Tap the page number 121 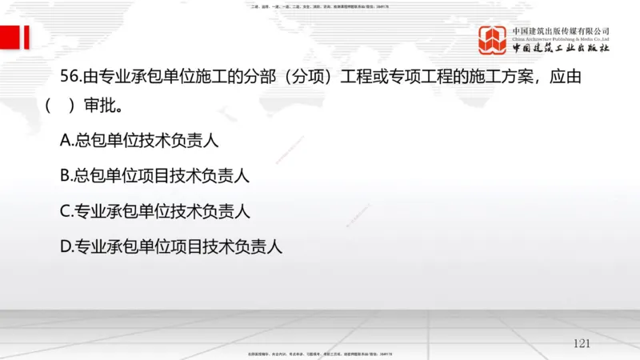pyautogui.click(x=582, y=343)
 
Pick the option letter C pyautogui.click(x=66, y=212)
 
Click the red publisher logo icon pyautogui.click(x=494, y=40)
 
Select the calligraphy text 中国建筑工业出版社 pyautogui.click(x=561, y=49)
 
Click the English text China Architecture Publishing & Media pyautogui.click(x=561, y=38)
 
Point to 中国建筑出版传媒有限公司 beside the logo pyautogui.click(x=561, y=30)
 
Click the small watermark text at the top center pyautogui.click(x=320, y=6)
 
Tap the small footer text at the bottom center pyautogui.click(x=320, y=354)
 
